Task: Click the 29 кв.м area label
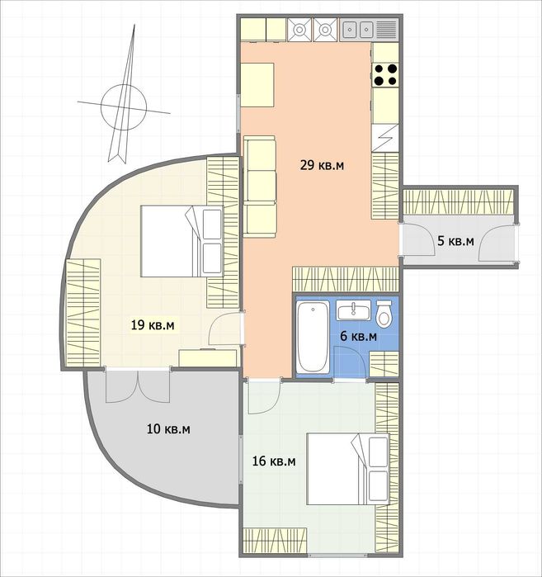click(x=322, y=165)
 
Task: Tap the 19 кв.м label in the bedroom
click(x=153, y=325)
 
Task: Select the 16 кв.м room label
click(x=274, y=461)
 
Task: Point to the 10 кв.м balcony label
click(x=169, y=429)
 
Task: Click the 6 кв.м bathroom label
click(x=359, y=336)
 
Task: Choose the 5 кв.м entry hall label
click(x=455, y=241)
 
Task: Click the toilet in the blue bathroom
click(x=384, y=313)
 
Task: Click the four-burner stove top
click(x=385, y=74)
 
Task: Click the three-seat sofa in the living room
click(x=260, y=187)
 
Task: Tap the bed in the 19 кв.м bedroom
click(x=182, y=241)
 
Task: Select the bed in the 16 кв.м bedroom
click(x=348, y=468)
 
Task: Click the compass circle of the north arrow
click(x=124, y=107)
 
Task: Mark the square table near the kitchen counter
click(x=257, y=85)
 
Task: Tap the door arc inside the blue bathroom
click(x=349, y=362)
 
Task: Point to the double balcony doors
click(x=138, y=385)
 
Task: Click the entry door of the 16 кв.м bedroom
click(x=264, y=397)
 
